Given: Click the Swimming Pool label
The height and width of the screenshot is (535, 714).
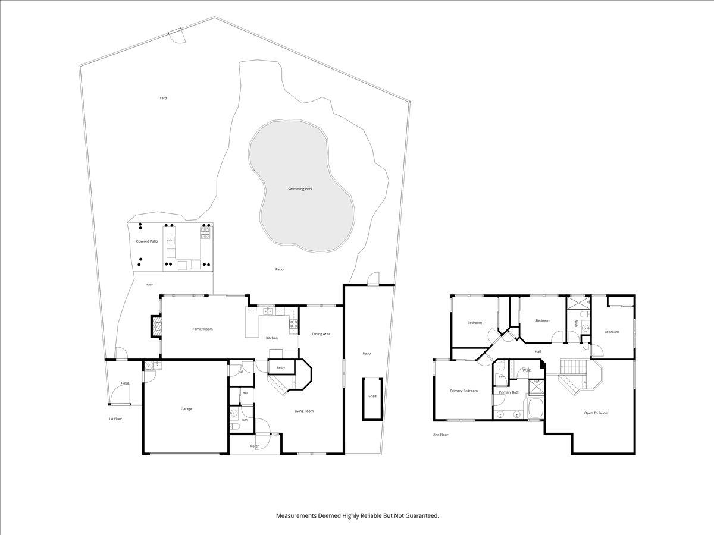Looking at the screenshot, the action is [300, 188].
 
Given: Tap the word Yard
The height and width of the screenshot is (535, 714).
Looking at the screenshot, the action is [163, 98].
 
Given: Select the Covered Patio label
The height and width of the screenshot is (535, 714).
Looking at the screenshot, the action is [147, 241].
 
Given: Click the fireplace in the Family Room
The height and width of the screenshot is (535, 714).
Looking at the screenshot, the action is [156, 326].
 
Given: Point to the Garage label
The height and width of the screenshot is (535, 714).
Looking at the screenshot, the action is [186, 409].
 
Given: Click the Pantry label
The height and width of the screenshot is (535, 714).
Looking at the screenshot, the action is [281, 368].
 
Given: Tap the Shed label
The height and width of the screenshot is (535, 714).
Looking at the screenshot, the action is [372, 396].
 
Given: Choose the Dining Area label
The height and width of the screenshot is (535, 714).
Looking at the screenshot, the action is [321, 334].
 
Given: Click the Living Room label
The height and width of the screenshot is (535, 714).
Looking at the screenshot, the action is [304, 411].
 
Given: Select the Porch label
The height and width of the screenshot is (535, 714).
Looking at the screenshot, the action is [255, 446].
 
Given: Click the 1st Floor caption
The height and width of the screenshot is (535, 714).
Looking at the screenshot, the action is [115, 419].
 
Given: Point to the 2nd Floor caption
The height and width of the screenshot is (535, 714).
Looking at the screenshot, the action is [440, 435].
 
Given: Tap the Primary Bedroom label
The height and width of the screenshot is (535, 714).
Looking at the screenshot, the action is [464, 391].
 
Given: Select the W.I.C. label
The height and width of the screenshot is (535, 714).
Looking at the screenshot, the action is [527, 370].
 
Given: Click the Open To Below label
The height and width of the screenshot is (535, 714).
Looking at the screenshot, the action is [596, 413].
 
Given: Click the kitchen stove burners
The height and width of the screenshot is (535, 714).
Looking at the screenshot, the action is [293, 323].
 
